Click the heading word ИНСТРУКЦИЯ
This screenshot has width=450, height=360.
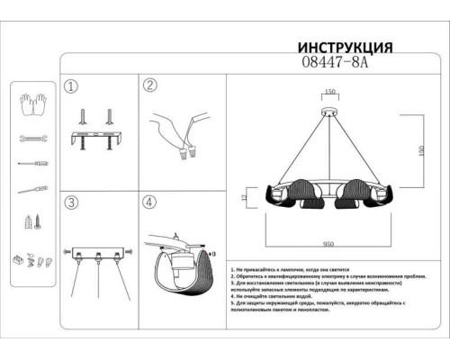[x=345, y=48]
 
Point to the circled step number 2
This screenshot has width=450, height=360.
[x=150, y=86]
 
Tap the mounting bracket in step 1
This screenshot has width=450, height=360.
[x=95, y=142]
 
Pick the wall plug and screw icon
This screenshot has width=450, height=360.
[x=31, y=221]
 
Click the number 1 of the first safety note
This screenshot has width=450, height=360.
[x=232, y=269]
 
